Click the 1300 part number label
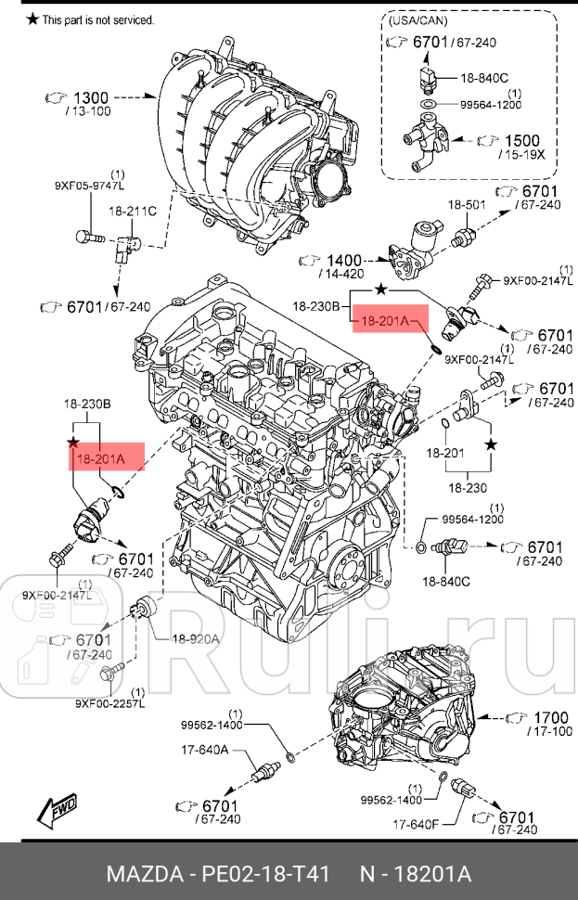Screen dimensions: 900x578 pyautogui.click(x=91, y=97)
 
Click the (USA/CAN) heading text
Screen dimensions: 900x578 pyautogui.click(x=416, y=19)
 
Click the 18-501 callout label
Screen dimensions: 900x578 pyautogui.click(x=468, y=204)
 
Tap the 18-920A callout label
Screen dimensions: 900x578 pyautogui.click(x=195, y=638)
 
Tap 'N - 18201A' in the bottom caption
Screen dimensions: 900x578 pyautogui.click(x=417, y=874)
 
